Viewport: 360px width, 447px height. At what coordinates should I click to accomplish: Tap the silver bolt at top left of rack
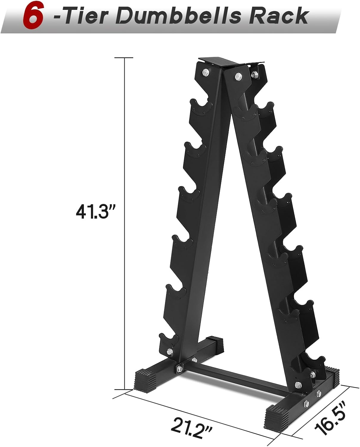click(205, 72)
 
